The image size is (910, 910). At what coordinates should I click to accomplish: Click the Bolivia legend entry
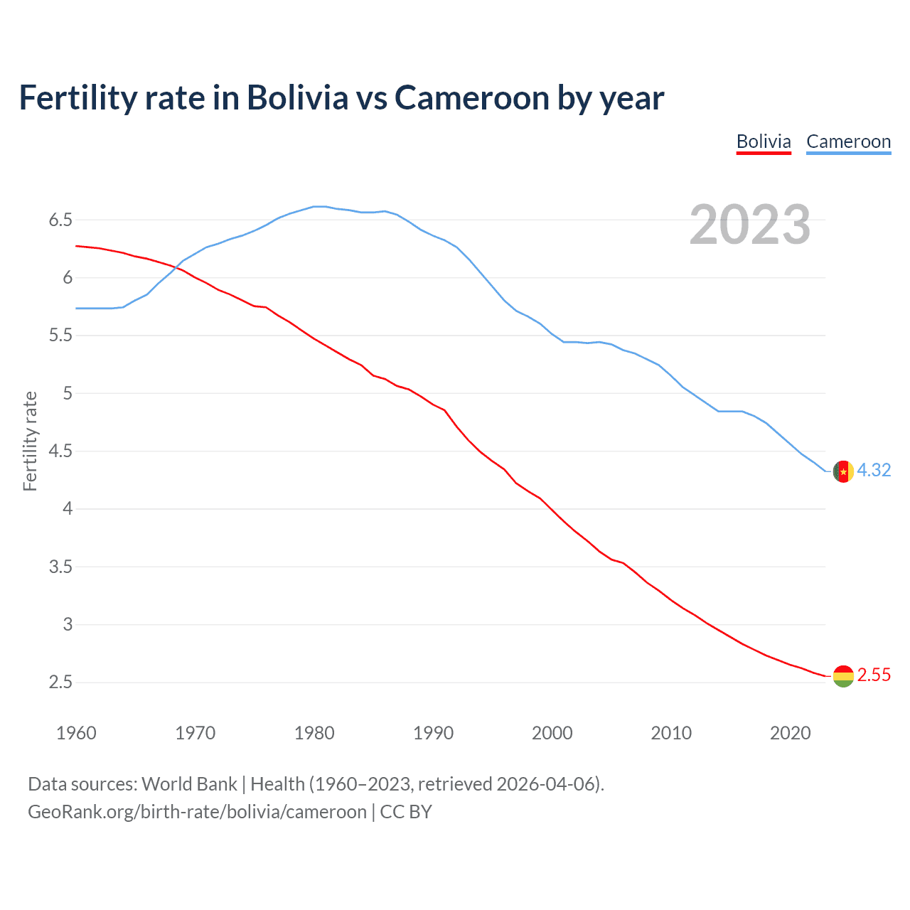[764, 141]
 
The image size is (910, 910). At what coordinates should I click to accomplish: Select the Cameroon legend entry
[848, 141]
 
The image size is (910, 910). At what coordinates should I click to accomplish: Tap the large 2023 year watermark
[750, 225]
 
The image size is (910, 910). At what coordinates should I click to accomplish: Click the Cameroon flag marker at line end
[842, 471]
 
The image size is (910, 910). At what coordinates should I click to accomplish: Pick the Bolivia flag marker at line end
[842, 675]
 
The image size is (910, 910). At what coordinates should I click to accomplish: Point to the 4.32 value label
[874, 471]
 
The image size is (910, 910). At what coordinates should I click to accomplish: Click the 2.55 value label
[874, 675]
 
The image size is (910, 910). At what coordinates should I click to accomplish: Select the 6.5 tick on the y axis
[60, 220]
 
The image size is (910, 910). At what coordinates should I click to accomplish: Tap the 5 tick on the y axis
[68, 393]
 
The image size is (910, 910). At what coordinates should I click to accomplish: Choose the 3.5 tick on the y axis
[60, 567]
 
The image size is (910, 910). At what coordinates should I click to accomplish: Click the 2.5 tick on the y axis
[60, 682]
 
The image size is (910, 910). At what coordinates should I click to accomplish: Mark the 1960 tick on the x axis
[76, 733]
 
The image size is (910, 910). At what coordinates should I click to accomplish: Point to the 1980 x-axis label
[314, 733]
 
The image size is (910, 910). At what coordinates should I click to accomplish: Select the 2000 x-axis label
[552, 733]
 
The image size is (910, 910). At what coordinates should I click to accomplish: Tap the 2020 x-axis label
[790, 733]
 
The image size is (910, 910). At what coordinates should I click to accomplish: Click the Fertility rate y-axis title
[30, 441]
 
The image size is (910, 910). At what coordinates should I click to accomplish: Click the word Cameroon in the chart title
[472, 98]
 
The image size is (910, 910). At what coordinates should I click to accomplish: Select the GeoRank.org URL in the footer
[197, 812]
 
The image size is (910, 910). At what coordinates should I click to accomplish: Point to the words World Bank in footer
[189, 784]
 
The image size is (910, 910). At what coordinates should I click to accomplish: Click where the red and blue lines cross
[175, 267]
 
